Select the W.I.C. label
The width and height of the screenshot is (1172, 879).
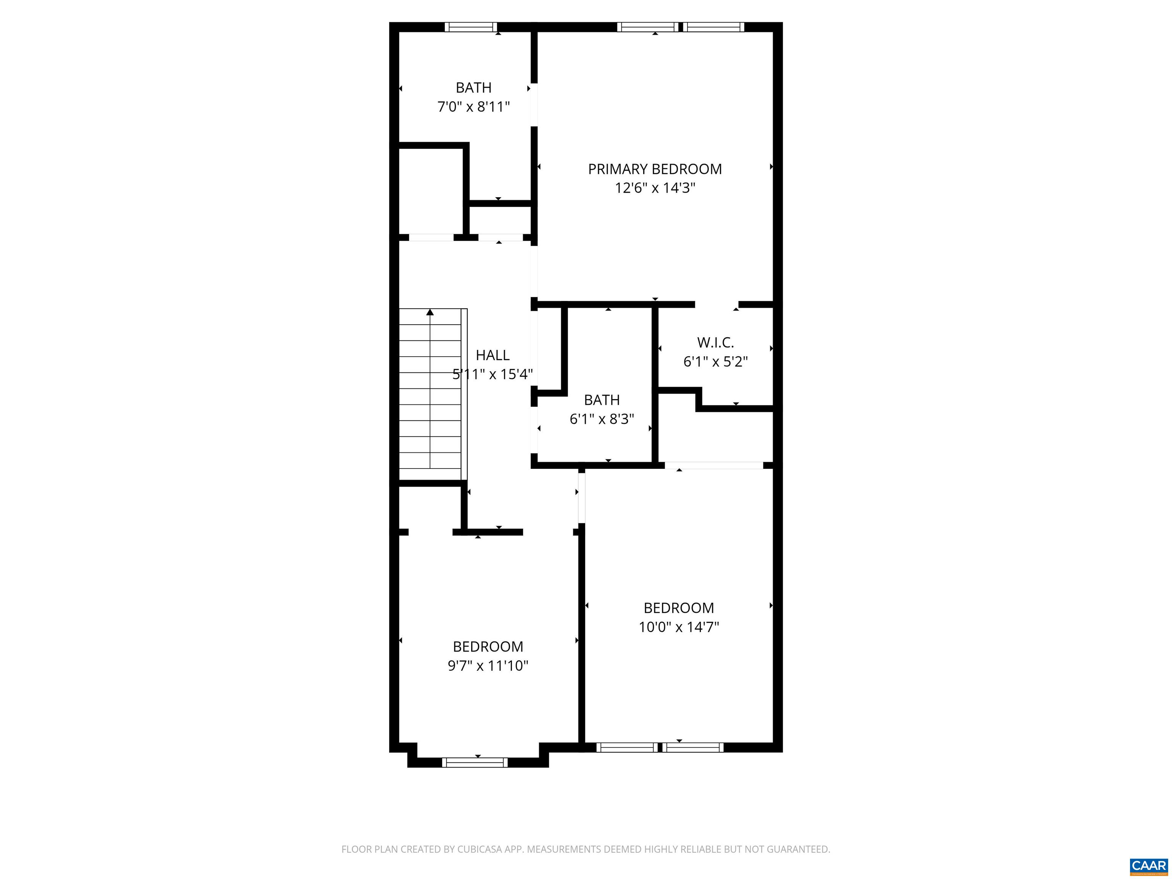point(715,342)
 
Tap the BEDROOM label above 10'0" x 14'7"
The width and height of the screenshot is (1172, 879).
point(678,608)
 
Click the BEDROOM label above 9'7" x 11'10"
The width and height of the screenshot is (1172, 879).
point(488,646)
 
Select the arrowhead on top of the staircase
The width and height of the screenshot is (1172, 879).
point(430,312)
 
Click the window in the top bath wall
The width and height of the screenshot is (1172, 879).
point(470,27)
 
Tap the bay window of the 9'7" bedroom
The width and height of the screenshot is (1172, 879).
point(475,762)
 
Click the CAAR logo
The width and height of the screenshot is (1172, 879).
point(1148,866)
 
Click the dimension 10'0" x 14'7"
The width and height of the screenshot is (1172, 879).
point(678,627)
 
